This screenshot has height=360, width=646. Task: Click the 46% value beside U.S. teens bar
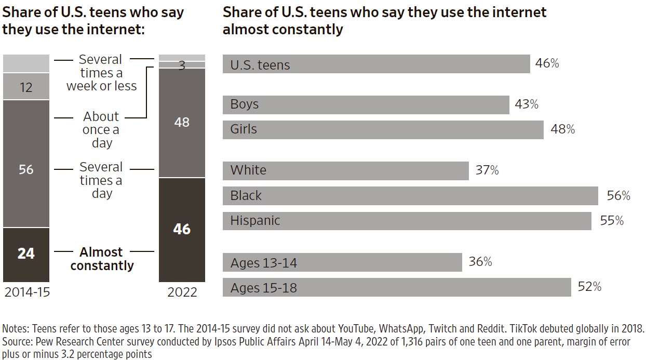pos(547,64)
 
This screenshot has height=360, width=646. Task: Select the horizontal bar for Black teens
pos(410,195)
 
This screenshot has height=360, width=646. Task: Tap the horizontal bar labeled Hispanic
pos(407,220)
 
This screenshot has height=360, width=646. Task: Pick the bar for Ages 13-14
pos(342,262)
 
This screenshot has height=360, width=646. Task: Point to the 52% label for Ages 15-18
pos(589,287)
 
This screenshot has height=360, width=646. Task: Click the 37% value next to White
pos(487,170)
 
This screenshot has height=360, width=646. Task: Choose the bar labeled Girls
pos(383,129)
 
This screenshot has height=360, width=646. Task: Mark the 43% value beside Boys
pos(527,104)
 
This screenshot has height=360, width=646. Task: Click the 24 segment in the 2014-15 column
pos(26,254)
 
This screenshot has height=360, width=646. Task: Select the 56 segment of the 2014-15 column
pos(26,169)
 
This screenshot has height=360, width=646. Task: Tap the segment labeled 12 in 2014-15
pos(26,87)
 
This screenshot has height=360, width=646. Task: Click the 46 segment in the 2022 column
pos(182,229)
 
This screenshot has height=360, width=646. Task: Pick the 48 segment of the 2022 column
pos(182,123)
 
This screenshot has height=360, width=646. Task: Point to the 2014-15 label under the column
pos(27,292)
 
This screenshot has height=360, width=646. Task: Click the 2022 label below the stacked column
pos(182,292)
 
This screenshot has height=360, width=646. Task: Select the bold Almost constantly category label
pos(102,259)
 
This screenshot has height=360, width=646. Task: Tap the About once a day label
pos(101,130)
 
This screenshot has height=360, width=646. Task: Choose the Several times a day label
pos(101,180)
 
